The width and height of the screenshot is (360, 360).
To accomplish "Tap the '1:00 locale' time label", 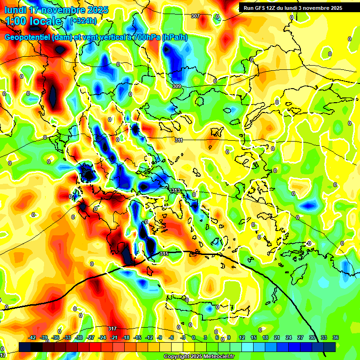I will click(33, 21).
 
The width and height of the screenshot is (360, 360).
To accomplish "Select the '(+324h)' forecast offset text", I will click(83, 21).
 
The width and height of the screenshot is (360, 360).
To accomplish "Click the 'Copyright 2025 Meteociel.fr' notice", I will click(198, 356).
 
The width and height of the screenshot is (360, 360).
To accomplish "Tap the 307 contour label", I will click(195, 16).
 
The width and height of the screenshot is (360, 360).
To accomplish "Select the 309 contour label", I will click(176, 86).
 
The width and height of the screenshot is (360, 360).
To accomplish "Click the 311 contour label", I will click(179, 140).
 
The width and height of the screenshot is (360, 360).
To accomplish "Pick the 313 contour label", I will click(175, 190).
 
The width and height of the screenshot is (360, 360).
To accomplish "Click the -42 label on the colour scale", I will click(32, 337).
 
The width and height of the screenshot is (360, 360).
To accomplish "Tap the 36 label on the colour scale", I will click(336, 337).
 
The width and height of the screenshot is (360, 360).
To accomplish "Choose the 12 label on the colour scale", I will click(241, 337).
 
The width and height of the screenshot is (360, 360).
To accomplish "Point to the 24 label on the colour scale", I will click(288, 337).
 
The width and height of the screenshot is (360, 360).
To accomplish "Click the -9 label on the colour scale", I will click(160, 337).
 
